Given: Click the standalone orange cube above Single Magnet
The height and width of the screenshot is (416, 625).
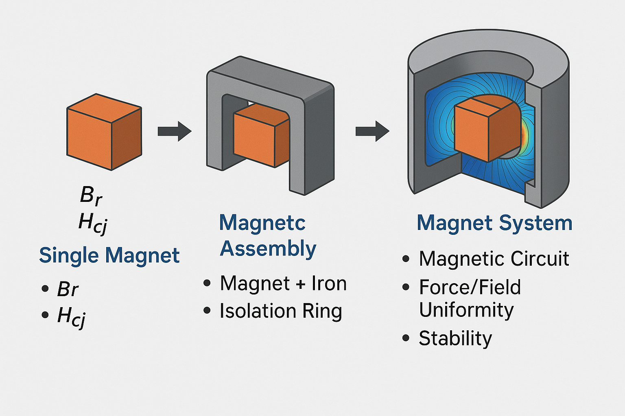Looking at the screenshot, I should click(x=104, y=132).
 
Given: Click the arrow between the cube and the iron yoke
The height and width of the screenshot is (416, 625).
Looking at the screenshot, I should click(x=174, y=131).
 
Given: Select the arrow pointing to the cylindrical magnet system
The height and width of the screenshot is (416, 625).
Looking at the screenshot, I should click(x=372, y=131).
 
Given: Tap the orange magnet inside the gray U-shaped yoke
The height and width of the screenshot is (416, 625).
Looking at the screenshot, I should click(x=260, y=136).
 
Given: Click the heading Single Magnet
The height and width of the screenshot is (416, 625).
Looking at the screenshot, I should click(x=109, y=256).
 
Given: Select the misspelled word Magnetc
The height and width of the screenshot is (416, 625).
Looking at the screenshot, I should click(x=262, y=223).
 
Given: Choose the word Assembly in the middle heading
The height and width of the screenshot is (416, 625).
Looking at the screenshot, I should click(x=268, y=249).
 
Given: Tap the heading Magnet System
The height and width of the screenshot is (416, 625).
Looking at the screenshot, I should click(x=494, y=223).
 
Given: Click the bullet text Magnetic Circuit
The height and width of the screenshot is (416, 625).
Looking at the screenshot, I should click(x=494, y=259).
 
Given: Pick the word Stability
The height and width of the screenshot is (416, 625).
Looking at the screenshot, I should click(x=455, y=338).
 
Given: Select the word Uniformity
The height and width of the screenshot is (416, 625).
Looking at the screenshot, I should click(x=466, y=310).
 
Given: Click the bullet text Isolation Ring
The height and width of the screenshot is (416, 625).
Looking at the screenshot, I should click(x=281, y=311).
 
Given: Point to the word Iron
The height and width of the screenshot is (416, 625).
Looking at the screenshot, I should click(x=329, y=283).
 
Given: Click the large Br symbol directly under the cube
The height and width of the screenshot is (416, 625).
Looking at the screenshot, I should click(x=91, y=195).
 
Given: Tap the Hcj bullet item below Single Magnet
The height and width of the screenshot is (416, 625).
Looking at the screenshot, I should click(x=71, y=316).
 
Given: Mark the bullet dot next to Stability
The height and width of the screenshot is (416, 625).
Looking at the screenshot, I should click(x=406, y=338).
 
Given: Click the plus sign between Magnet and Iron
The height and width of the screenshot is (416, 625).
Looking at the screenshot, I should click(x=300, y=284).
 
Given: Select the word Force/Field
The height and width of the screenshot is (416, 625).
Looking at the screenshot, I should click(x=470, y=287).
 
